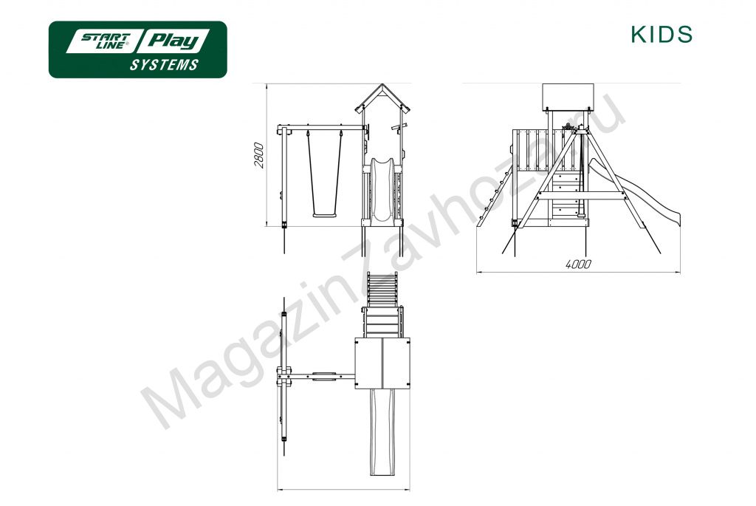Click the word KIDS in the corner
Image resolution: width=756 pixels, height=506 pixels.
(x=661, y=34)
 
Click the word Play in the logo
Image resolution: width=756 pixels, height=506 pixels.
(x=173, y=41)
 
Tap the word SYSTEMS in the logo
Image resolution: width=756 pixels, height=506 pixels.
(x=164, y=65)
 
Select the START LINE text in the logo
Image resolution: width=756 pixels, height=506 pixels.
(x=105, y=41)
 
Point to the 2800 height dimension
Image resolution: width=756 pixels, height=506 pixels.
(x=259, y=155)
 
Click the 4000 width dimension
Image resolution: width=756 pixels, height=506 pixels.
(x=578, y=264)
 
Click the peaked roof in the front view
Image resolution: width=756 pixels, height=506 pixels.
(x=382, y=99)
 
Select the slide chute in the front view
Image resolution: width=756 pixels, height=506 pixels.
(x=382, y=190)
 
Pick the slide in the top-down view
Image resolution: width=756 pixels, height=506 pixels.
(x=382, y=431)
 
